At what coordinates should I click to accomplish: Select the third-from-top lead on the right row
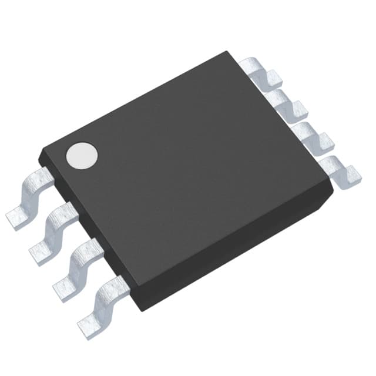tap(311, 135)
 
